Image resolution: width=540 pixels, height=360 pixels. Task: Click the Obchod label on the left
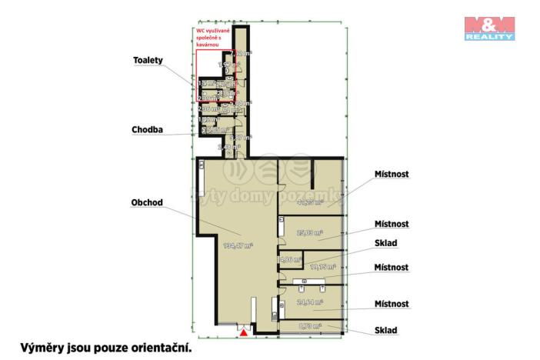[148, 203]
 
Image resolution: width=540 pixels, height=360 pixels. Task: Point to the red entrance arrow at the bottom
[244, 333]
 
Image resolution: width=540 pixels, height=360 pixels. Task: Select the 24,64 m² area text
[309, 302]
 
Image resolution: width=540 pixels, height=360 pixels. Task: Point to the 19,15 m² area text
[322, 266]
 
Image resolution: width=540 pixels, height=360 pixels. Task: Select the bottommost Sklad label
[385, 330]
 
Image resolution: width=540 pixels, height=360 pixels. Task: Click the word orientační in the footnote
[158, 348]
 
